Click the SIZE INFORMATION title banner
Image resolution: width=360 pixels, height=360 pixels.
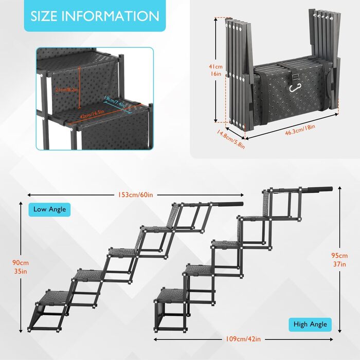click(x=95, y=16)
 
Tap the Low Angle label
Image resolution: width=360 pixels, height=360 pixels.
click(x=49, y=209)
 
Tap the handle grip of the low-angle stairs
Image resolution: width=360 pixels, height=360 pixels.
click(x=227, y=204)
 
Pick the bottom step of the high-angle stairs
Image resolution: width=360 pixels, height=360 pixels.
click(x=171, y=295)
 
